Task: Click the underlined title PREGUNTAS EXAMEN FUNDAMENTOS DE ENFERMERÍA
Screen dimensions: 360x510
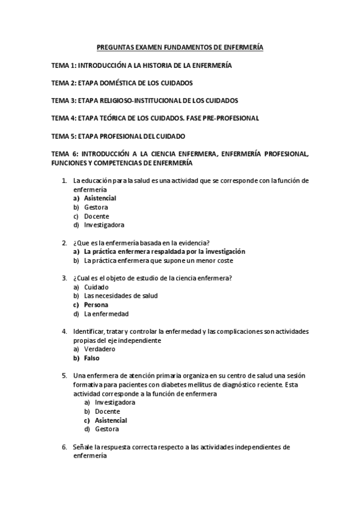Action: click(180, 46)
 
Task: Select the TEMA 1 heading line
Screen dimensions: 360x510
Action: click(142, 64)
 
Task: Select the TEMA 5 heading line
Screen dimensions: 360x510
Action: click(118, 137)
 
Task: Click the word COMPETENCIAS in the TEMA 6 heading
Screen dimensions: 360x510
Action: click(106, 163)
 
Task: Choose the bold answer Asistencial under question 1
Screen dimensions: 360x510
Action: click(100, 198)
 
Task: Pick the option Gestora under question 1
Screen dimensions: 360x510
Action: click(96, 207)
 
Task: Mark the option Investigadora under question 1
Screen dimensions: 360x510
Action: click(104, 225)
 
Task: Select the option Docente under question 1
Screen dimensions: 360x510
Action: click(97, 216)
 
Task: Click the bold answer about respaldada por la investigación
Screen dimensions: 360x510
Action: click(164, 251)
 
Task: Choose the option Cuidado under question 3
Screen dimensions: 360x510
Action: click(96, 287)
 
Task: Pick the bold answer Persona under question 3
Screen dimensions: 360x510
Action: click(96, 305)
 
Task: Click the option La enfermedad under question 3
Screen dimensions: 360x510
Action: click(106, 313)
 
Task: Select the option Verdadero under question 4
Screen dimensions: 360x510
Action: click(99, 349)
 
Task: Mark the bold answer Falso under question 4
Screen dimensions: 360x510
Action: click(92, 358)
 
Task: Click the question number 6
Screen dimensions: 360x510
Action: click(65, 447)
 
